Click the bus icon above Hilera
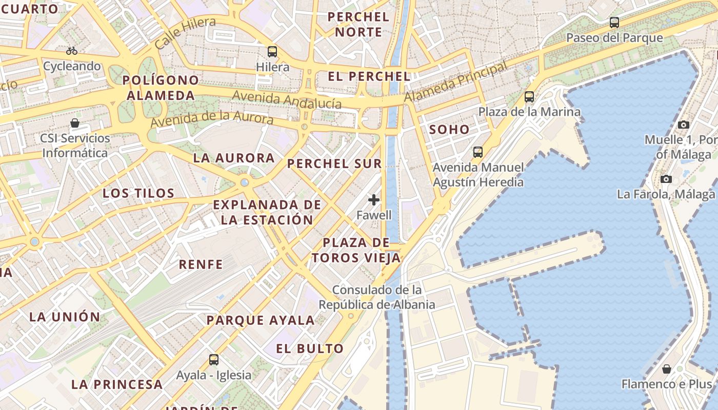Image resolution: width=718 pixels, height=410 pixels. point(272,52)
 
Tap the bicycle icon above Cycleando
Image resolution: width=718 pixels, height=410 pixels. point(72,51)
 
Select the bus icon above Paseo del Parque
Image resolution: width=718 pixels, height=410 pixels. point(614,23)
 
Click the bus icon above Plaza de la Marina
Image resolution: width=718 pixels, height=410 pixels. point(529,97)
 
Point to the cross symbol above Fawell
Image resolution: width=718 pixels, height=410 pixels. point(374,200)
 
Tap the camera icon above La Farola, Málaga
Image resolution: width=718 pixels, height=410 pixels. point(666,179)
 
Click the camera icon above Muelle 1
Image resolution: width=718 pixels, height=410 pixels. point(683,125)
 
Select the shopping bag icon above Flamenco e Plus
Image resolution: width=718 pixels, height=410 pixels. point(667,369)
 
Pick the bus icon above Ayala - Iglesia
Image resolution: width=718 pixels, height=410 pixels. point(214,360)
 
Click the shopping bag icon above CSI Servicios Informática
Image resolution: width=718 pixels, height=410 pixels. point(75,123)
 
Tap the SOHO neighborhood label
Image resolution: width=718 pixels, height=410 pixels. point(449,130)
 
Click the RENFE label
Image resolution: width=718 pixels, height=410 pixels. point(201,265)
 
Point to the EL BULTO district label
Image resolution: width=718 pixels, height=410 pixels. point(310,349)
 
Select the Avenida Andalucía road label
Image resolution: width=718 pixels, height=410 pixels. point(287,99)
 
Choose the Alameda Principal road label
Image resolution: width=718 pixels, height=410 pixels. point(455,81)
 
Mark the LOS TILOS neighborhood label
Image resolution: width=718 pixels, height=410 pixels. point(138,193)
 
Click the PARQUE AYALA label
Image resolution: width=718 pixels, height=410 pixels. point(260,321)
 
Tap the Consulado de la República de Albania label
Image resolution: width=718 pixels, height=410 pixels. point(377,297)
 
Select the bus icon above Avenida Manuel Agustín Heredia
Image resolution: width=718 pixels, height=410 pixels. point(478,152)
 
